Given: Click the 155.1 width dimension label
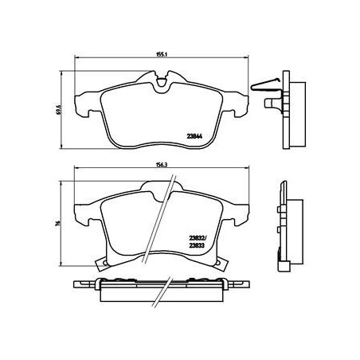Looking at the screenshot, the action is [x=161, y=54].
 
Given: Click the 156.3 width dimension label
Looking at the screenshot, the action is [x=161, y=165].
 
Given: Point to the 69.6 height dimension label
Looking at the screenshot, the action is [x=59, y=109].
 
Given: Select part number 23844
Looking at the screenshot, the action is [x=194, y=136].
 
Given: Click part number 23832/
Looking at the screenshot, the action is [x=198, y=239].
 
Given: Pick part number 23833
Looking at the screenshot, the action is [x=197, y=246].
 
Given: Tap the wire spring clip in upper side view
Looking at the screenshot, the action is [x=265, y=85].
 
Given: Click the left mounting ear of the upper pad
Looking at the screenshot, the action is [x=83, y=104].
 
